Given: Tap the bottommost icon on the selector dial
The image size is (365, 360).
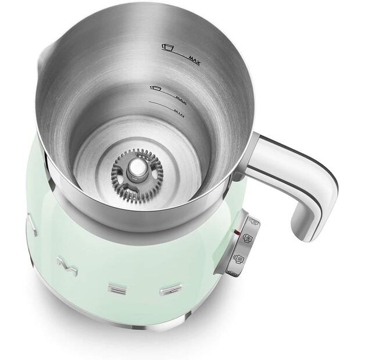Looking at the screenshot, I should click(233, 272).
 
